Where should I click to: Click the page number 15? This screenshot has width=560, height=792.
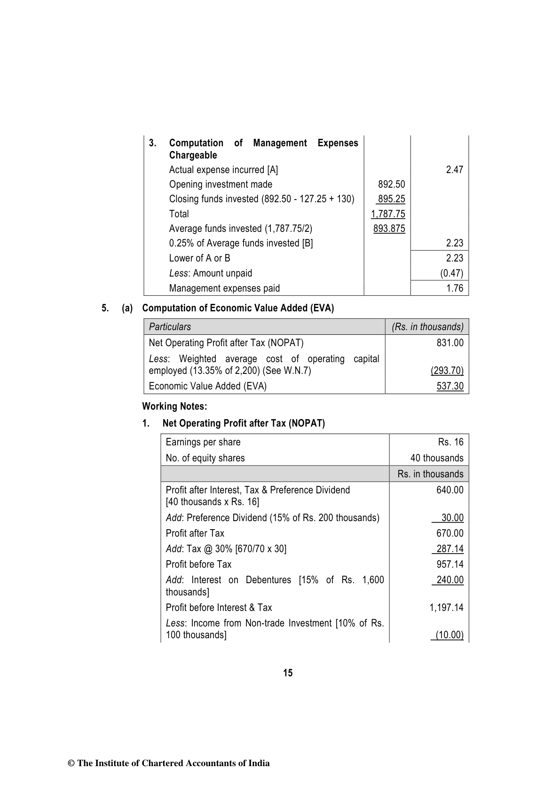point(288,673)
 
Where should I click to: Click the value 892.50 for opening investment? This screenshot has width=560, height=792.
point(391,184)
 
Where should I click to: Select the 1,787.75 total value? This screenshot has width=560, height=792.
point(388,214)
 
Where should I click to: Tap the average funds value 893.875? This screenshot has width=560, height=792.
point(389,229)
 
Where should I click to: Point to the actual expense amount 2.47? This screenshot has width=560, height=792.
point(454,170)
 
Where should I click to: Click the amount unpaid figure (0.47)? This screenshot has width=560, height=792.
point(451,273)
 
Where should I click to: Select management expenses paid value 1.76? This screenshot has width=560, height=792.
point(455,288)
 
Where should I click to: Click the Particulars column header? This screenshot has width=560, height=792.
point(170,327)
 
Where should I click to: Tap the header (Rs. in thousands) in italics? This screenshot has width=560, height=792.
point(427,327)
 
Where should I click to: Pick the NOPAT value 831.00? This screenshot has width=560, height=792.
point(450,343)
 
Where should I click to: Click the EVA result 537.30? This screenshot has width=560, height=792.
point(450,386)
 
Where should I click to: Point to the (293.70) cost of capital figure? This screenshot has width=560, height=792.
point(447,371)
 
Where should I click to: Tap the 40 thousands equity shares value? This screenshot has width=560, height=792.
point(437,458)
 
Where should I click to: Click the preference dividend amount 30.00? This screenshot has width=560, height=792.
point(452,518)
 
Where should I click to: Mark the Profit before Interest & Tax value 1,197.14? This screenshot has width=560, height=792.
point(446,608)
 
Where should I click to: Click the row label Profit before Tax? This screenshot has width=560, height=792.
point(198,564)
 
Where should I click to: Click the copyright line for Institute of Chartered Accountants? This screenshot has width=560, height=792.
point(169,763)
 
